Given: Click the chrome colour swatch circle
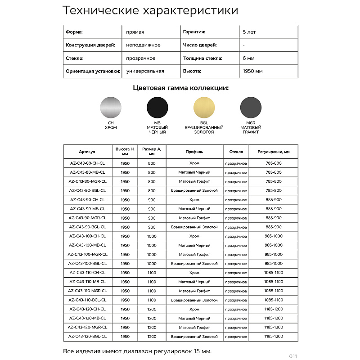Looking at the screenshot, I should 110,107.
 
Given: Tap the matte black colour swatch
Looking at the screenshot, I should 157,107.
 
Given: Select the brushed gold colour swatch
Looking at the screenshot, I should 204,107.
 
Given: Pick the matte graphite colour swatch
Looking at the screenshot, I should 251,107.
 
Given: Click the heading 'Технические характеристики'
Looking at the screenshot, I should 150,10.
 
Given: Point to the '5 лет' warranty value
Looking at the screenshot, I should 249,32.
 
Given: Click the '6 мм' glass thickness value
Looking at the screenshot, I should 248,58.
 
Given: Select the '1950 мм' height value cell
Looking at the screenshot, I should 252,71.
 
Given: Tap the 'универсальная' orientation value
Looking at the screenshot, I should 145,71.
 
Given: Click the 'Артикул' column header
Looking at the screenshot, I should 87,152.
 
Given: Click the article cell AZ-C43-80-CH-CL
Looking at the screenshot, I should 87,163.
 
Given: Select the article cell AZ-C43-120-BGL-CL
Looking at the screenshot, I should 87,336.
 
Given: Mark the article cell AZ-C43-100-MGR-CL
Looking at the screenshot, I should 87,254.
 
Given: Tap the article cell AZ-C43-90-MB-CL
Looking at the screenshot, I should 87,209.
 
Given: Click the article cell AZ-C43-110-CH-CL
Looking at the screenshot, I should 87,273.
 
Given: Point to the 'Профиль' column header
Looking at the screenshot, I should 194,152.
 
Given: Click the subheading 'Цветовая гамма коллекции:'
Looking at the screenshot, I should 180,88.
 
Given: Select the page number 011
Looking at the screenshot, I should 293,356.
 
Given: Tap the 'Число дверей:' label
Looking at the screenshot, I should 200,45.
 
